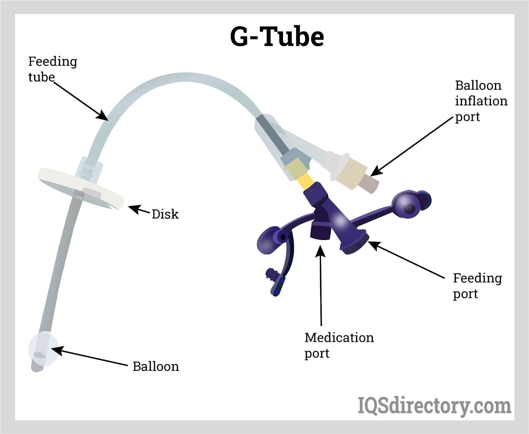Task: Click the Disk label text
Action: (x=165, y=214)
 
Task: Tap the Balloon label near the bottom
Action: (x=156, y=366)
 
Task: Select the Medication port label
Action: (x=339, y=345)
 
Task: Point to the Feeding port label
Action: (x=477, y=286)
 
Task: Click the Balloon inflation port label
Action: (x=481, y=101)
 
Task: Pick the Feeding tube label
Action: (x=52, y=69)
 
